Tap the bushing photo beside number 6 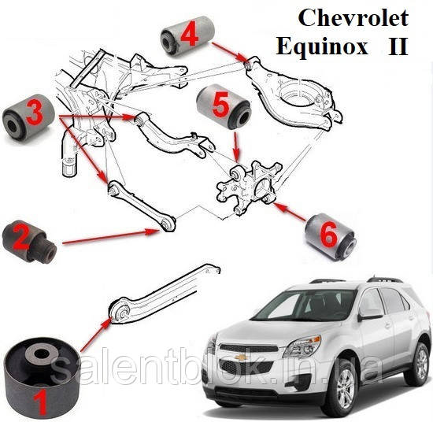pyautogui.click(x=331, y=235)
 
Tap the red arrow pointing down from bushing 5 pyautogui.click(x=237, y=146)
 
